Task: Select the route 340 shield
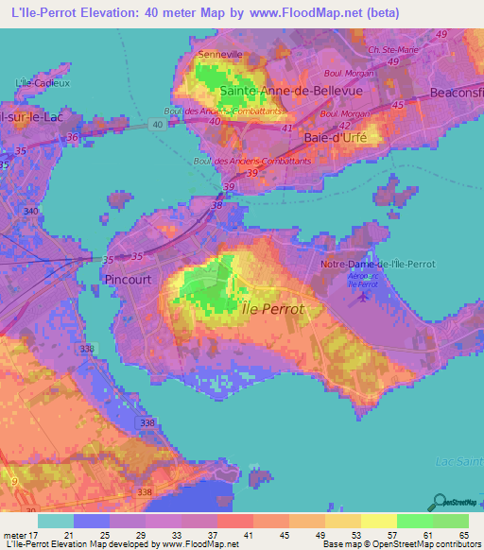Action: click(32, 210)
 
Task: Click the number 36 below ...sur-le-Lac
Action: click(73, 136)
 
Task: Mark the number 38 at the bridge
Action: click(217, 204)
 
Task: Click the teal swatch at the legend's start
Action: click(56, 520)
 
